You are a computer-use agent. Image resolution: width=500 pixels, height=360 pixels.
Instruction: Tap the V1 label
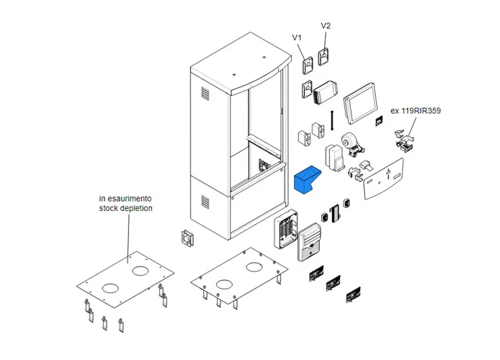[x=297, y=37]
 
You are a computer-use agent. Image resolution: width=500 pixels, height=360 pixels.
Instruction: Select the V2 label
[x=325, y=26]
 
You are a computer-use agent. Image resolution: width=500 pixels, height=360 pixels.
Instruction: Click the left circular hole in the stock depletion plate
[x=110, y=287]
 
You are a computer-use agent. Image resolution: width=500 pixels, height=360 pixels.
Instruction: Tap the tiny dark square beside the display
[x=378, y=123]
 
